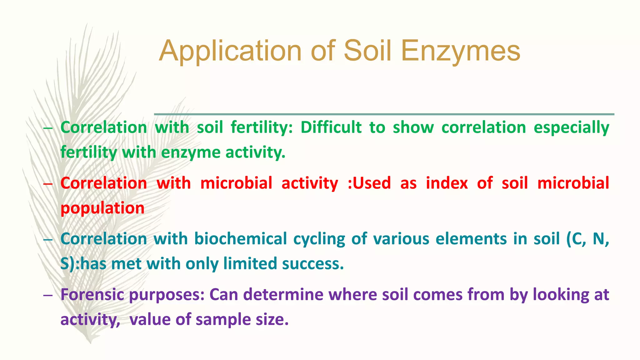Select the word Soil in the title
click(367, 51)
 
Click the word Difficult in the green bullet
click(331, 128)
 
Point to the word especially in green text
click(571, 128)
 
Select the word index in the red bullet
click(447, 183)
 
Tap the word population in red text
click(102, 208)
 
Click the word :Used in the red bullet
click(369, 183)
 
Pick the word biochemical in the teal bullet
click(240, 239)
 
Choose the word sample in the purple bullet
click(223, 320)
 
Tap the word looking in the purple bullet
click(561, 295)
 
